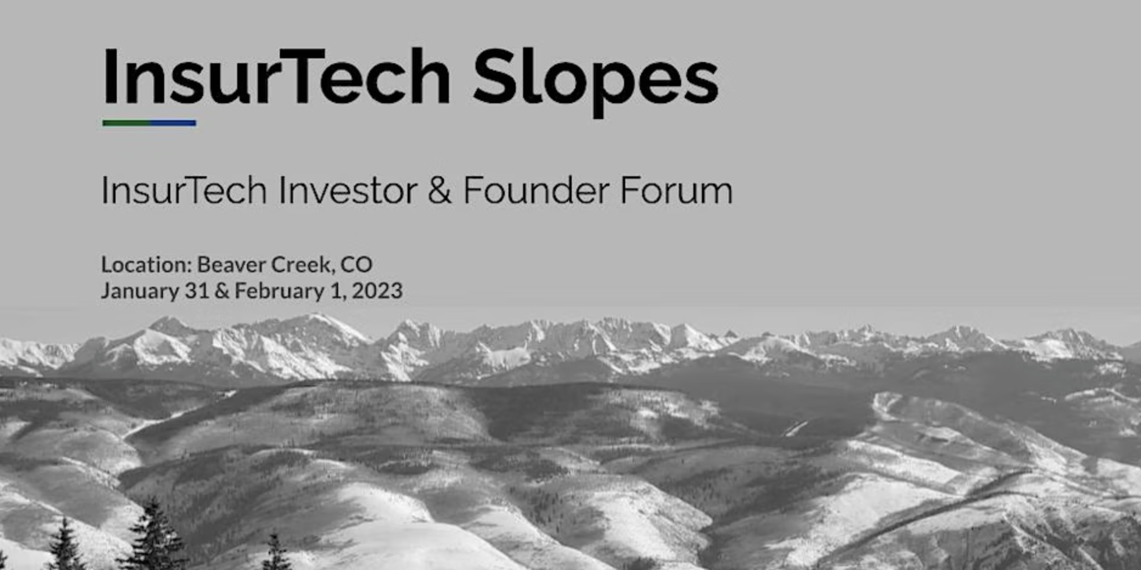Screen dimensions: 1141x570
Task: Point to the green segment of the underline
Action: [x=126, y=123]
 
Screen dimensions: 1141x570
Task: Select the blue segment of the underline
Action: [x=173, y=123]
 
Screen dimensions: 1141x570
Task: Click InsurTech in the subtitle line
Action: [x=184, y=190]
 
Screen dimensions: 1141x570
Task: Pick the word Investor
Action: [x=348, y=190]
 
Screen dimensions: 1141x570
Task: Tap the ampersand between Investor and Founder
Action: [x=440, y=191]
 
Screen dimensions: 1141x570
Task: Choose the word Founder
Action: [x=536, y=190]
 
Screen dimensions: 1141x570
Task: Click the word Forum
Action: [x=676, y=190]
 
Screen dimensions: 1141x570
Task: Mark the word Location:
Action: [x=147, y=264]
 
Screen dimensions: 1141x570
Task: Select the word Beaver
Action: [x=231, y=264]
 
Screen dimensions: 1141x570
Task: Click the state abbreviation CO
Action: [x=356, y=264]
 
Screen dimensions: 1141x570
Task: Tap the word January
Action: [x=140, y=291]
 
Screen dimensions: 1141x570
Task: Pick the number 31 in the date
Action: [x=197, y=290]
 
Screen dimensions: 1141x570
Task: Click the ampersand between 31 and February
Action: [x=222, y=291]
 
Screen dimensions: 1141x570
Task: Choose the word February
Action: [x=280, y=291]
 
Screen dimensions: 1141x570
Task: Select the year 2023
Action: [x=377, y=290]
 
